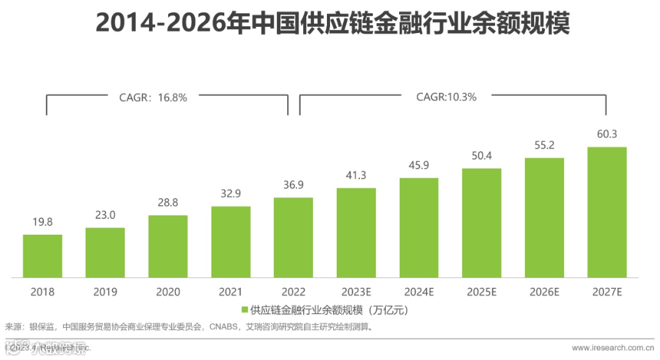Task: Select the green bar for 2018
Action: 43,255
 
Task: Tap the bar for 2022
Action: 293,237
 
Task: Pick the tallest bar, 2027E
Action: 607,211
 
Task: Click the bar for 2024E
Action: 419,227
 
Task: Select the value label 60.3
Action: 607,134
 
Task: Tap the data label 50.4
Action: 482,156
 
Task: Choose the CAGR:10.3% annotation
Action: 446,97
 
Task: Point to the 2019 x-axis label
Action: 105,292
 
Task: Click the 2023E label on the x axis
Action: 356,292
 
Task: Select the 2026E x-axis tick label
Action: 544,292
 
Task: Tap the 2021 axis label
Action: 230,292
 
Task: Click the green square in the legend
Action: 245,310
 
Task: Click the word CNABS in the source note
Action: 224,327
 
